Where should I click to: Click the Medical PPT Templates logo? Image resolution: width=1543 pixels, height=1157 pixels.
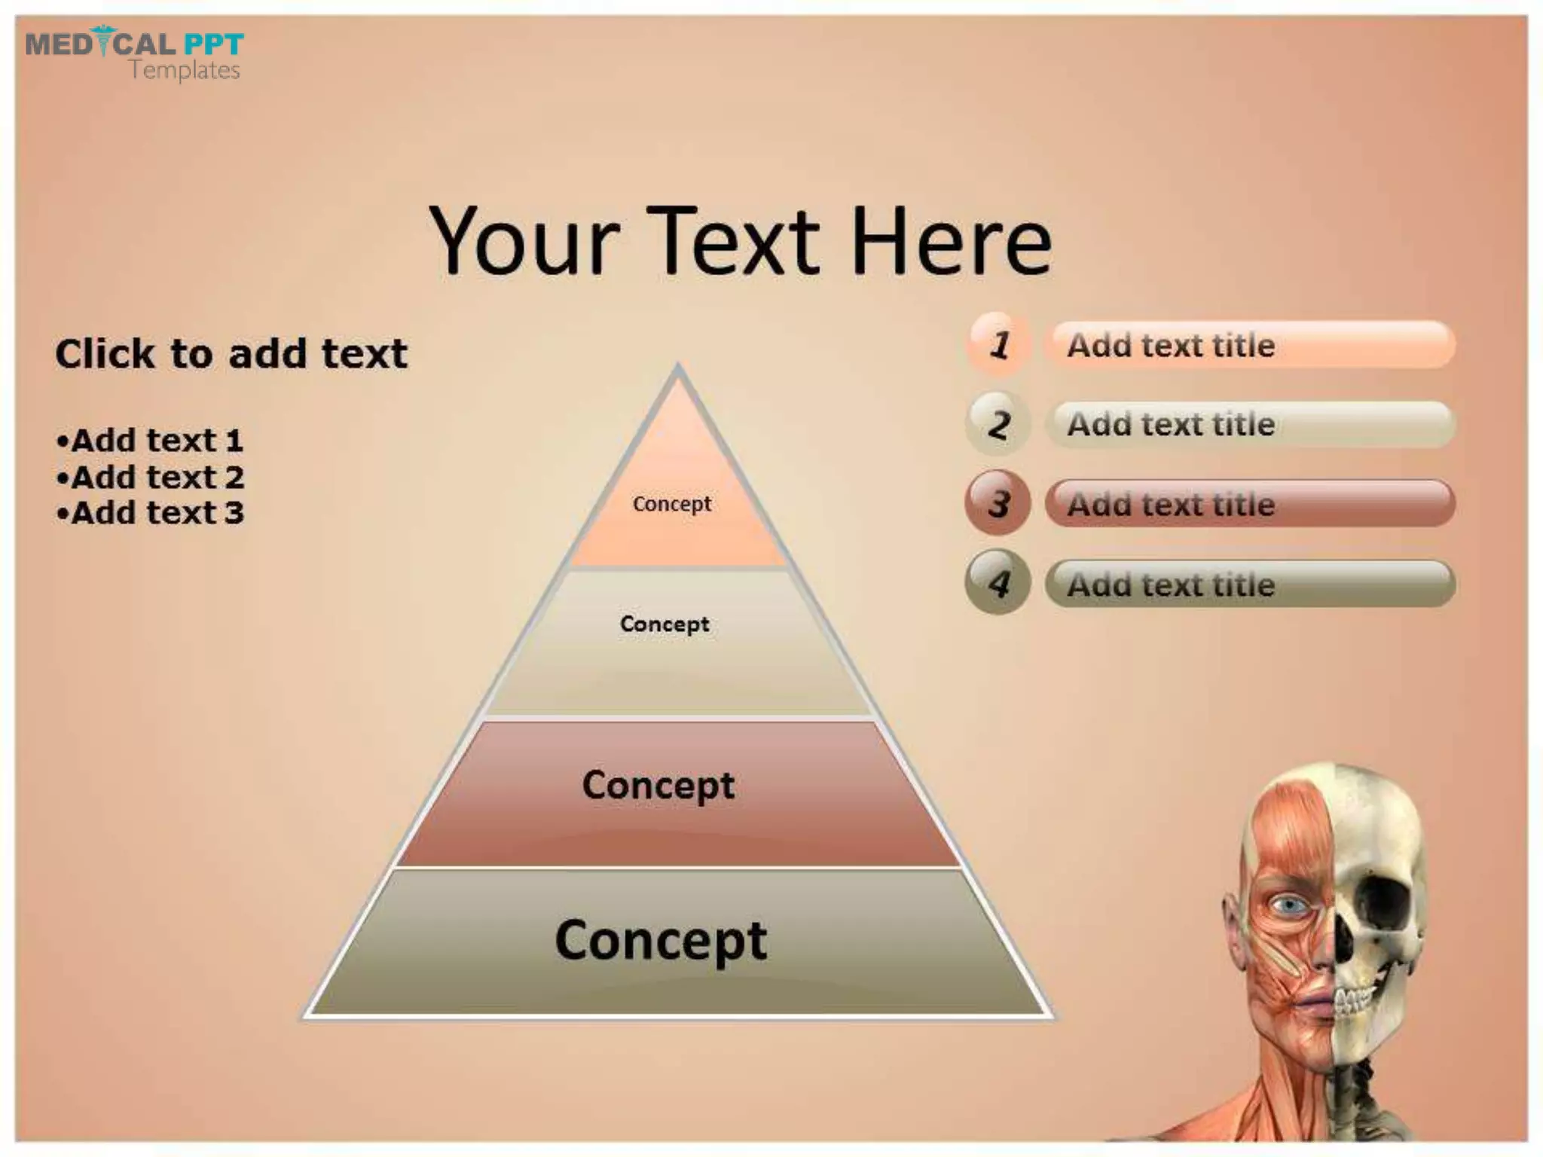pyautogui.click(x=134, y=53)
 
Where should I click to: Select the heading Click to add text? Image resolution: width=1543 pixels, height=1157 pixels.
pyautogui.click(x=231, y=353)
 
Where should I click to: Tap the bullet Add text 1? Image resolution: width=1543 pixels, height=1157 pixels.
pyautogui.click(x=150, y=441)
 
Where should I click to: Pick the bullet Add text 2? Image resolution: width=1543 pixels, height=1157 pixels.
pyautogui.click(x=150, y=478)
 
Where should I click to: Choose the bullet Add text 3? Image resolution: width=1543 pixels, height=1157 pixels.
pyautogui.click(x=150, y=513)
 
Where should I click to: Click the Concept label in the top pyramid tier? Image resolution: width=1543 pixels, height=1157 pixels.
pyautogui.click(x=671, y=504)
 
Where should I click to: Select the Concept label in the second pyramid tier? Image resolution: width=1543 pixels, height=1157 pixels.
pyautogui.click(x=664, y=624)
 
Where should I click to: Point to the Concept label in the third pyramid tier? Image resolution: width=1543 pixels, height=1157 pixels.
pyautogui.click(x=658, y=786)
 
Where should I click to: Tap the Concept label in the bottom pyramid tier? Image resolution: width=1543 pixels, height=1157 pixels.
pyautogui.click(x=661, y=940)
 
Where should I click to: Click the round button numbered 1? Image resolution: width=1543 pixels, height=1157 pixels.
pyautogui.click(x=998, y=345)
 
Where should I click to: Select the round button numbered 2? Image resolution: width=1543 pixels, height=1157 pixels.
pyautogui.click(x=998, y=424)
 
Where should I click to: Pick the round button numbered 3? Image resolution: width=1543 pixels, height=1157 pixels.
pyautogui.click(x=998, y=503)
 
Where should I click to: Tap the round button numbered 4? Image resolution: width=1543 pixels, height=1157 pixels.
pyautogui.click(x=998, y=583)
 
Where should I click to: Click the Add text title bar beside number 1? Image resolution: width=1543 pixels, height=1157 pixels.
pyautogui.click(x=1250, y=345)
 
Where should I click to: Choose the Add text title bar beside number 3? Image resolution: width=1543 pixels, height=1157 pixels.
pyautogui.click(x=1250, y=503)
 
